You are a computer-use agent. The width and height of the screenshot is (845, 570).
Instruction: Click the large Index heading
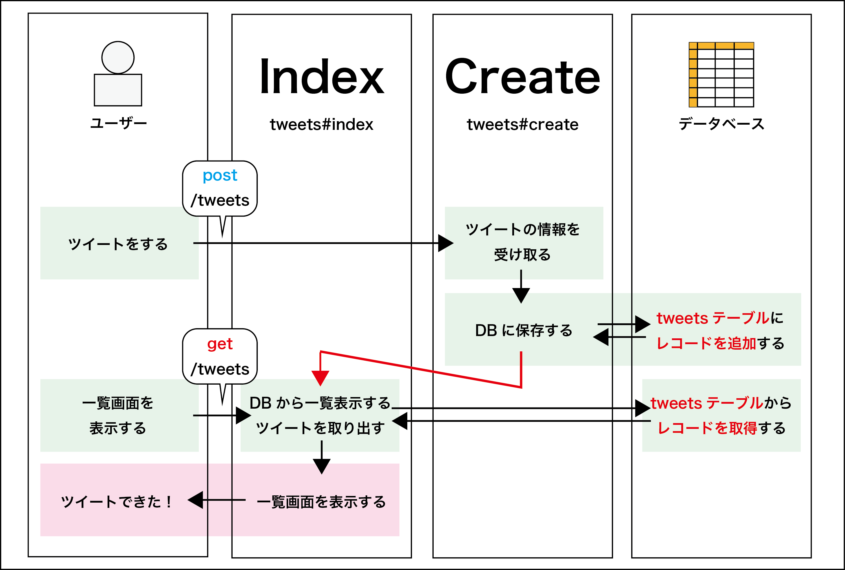(321, 77)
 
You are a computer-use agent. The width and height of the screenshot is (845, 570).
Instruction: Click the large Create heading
(522, 77)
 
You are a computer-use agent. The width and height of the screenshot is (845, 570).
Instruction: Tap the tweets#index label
(321, 125)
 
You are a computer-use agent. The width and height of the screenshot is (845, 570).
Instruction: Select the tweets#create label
(522, 125)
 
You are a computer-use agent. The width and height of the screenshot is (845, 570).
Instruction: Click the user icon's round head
(118, 58)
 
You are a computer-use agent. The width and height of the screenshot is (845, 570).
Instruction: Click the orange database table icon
(721, 75)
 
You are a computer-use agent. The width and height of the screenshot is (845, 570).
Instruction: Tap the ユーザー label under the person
(118, 123)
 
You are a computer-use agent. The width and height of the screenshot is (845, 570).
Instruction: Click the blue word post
(220, 176)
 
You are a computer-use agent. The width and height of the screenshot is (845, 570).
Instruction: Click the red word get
(220, 344)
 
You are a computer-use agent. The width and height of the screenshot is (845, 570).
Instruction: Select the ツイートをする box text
(118, 244)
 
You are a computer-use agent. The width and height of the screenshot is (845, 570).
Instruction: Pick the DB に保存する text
(524, 331)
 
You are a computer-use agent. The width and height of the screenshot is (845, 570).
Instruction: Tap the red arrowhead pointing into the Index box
(320, 378)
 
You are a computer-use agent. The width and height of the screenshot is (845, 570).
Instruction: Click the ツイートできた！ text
(116, 502)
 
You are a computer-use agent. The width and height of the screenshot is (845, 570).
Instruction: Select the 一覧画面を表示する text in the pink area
(321, 502)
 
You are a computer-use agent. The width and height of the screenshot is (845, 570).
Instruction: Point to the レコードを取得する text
(721, 428)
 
